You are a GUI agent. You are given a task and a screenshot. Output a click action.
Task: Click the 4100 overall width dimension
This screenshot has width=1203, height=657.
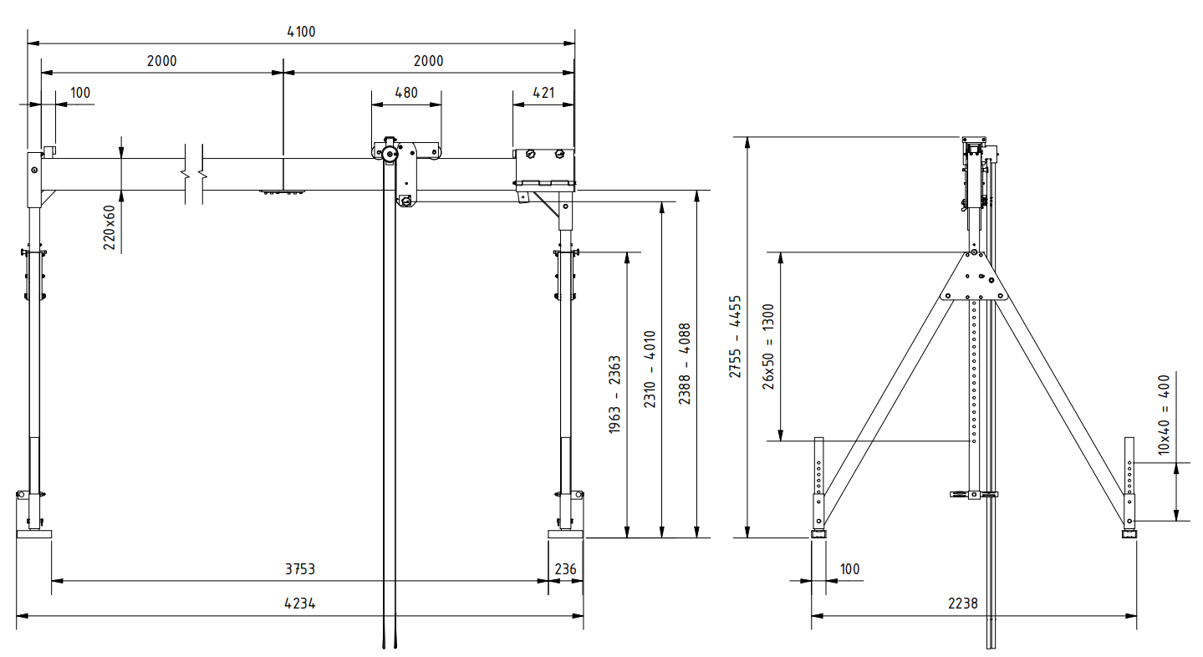pyautogui.click(x=301, y=32)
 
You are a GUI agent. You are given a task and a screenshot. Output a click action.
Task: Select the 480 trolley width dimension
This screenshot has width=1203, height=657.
pyautogui.click(x=405, y=93)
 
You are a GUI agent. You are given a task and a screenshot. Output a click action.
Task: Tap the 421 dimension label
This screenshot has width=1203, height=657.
pyautogui.click(x=543, y=93)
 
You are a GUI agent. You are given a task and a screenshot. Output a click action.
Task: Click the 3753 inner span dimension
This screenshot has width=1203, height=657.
pyautogui.click(x=299, y=569)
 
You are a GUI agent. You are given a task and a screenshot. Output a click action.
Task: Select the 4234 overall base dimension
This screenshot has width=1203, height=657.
pyautogui.click(x=299, y=604)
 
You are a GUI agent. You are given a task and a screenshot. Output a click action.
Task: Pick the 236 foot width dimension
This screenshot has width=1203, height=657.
pyautogui.click(x=566, y=569)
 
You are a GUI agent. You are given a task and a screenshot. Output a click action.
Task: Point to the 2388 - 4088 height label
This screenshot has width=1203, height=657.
pyautogui.click(x=685, y=364)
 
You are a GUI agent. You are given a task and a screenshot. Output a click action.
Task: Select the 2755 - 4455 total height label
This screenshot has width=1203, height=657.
pyautogui.click(x=735, y=337)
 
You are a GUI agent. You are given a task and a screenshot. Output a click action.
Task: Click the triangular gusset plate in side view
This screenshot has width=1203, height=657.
pyautogui.click(x=973, y=280)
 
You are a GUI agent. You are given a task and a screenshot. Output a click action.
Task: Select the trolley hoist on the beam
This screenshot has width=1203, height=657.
pyautogui.click(x=405, y=167)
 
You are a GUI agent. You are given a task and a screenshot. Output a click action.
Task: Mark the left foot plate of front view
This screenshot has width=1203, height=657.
pyautogui.click(x=33, y=534)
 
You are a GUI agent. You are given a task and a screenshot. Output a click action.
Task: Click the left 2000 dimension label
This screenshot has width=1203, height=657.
pyautogui.click(x=161, y=61)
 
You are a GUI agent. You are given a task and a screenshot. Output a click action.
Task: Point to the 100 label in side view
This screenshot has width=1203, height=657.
pyautogui.click(x=849, y=569)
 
